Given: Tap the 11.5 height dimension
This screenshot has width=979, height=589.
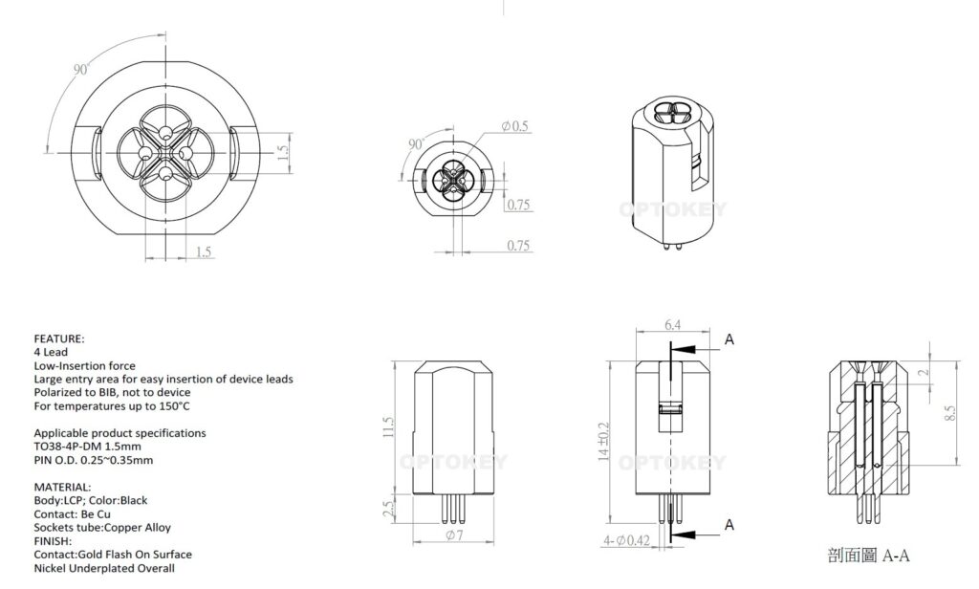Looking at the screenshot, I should point(387,425).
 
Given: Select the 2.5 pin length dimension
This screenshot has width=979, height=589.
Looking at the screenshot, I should point(387,509).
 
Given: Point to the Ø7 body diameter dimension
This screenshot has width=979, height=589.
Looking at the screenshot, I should point(454,535).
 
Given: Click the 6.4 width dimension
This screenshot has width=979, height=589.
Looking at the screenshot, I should point(673,326).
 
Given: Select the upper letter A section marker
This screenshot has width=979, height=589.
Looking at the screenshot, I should point(729,338).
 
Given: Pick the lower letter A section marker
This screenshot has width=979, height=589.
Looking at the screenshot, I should point(729,524).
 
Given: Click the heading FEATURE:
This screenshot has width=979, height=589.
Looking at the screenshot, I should point(59,339).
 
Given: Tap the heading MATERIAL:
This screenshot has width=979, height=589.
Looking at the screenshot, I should point(62,487).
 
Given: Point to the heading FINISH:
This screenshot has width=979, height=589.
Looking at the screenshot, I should point(55,540).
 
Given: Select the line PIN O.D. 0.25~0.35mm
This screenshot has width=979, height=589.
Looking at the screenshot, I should point(93,460).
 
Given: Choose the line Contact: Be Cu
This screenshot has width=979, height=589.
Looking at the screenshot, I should point(75,513).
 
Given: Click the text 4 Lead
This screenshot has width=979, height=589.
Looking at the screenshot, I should point(50,353).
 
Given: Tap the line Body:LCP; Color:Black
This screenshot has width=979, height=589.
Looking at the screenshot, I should point(91,500).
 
